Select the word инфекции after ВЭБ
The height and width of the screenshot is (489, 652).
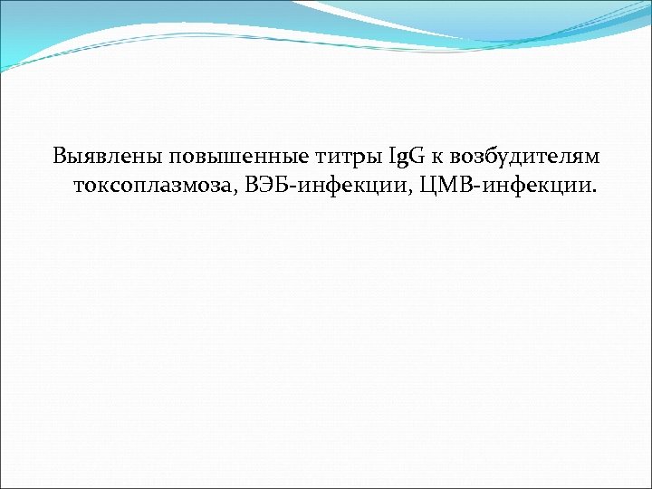coord(343,187)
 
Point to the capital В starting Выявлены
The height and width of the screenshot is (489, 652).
coord(61,156)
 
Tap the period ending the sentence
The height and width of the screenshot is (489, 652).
coord(594,193)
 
